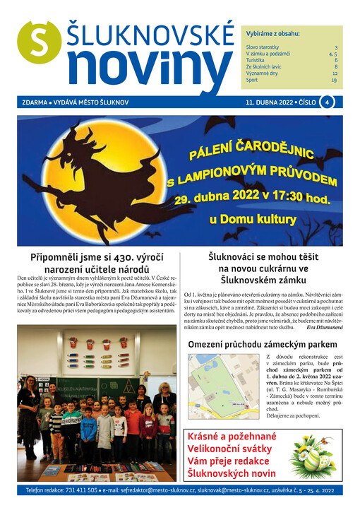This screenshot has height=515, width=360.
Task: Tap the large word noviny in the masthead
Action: tap(145, 68)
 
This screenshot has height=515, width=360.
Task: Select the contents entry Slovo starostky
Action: tap(263, 47)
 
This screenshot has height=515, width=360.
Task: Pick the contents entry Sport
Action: tap(253, 80)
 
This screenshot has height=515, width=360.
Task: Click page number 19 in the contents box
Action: tap(334, 80)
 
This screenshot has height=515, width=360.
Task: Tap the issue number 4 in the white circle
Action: tap(327, 102)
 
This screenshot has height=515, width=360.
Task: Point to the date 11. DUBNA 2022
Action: tap(269, 102)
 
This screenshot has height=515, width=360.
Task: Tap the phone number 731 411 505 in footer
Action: tap(80, 490)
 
